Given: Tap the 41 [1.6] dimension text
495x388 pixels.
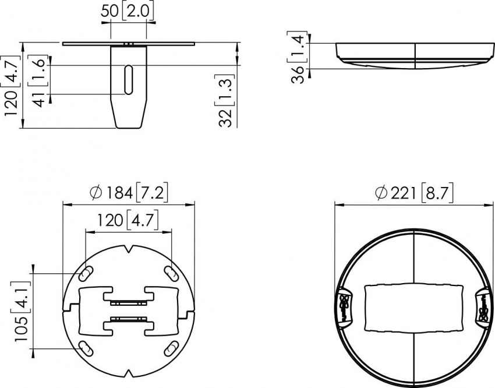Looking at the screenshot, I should [x=40, y=82].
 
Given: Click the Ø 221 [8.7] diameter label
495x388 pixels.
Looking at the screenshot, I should [x=414, y=192].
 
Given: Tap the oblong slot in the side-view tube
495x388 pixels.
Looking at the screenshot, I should [x=128, y=79].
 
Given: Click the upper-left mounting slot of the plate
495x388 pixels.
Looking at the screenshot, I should [x=85, y=273].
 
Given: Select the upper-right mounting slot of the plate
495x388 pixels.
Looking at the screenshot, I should [x=171, y=273].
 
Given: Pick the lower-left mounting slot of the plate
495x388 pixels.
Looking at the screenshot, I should [x=85, y=348].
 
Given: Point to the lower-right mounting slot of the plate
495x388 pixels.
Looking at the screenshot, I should [x=171, y=348].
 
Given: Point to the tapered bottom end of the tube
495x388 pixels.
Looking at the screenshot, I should [x=128, y=119].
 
